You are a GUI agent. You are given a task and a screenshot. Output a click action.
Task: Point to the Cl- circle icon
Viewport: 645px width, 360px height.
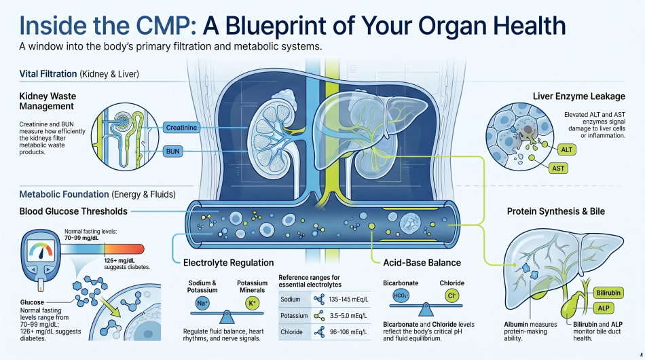(450, 296)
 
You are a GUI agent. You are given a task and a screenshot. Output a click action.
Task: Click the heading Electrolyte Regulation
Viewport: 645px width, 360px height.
(229, 262)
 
